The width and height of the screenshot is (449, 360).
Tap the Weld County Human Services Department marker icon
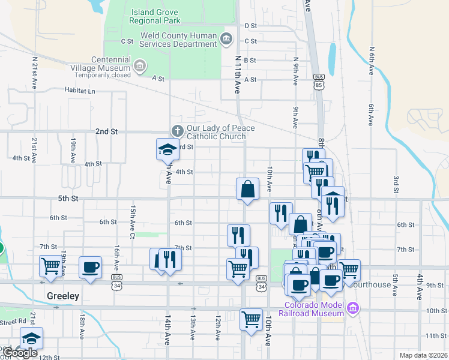(x=226, y=40)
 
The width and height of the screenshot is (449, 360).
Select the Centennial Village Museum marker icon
(x=139, y=65)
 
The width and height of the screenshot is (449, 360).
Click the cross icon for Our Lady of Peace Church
(x=177, y=130)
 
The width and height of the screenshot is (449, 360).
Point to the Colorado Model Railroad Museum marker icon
(x=353, y=309)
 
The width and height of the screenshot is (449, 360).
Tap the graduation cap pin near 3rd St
(x=168, y=150)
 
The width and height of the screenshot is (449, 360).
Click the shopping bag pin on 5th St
(x=247, y=189)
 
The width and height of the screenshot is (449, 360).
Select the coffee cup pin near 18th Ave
(x=91, y=267)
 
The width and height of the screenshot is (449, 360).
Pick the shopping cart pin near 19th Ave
(x=50, y=266)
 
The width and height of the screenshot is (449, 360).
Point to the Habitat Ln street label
(x=80, y=90)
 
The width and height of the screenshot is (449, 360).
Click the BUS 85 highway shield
(x=319, y=82)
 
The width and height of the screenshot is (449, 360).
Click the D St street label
(x=250, y=26)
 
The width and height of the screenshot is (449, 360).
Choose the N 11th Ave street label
(x=238, y=74)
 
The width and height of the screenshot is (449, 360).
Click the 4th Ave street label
(x=420, y=287)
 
